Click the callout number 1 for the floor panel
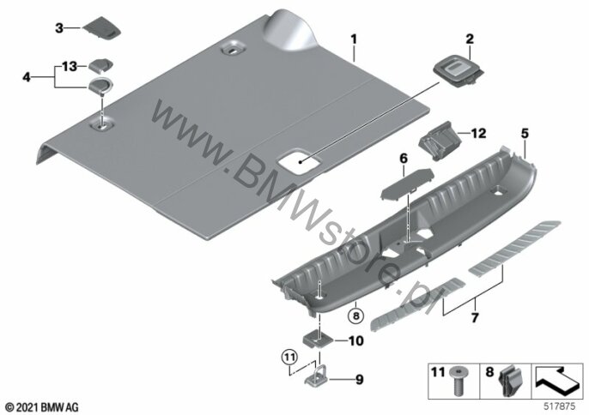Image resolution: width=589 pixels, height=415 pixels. tap(354, 39)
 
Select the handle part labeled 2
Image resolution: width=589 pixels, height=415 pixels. tap(459, 74)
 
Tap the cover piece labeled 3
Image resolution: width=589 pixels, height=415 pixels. tap(102, 28)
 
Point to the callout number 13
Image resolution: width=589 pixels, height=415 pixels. tap(70, 67)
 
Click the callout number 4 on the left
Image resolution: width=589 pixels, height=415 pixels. tap(27, 77)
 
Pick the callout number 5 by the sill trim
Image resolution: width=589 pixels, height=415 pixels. tap(525, 133)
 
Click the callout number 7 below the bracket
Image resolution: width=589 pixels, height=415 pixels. tap(475, 318)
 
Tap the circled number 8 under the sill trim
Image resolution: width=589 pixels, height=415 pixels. tap(355, 316)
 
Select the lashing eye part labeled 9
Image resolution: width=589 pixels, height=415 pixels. tap(316, 377)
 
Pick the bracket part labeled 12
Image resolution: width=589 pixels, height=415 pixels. tap(439, 141)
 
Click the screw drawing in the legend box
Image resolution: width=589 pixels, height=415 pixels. tap(458, 382)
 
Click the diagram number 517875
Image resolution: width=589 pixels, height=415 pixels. tap(560, 406)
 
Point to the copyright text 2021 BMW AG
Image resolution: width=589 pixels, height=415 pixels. tap(42, 407)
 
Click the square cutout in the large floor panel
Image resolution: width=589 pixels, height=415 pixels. tap(300, 162)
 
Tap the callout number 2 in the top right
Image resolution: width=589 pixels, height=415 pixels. tap(470, 39)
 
